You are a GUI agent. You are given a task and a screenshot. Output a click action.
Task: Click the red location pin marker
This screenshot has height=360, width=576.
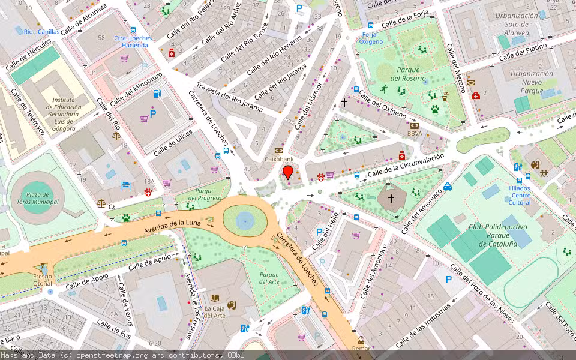tap(288, 173)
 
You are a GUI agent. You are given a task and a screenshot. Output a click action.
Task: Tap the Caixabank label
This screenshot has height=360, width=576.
tap(279, 160)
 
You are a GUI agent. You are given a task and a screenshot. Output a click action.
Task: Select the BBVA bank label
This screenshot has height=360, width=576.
tap(415, 133)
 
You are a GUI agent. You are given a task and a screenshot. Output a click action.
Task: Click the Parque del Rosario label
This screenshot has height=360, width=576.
tap(408, 74)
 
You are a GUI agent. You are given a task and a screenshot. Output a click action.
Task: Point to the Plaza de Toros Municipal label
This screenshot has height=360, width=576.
tap(37, 198)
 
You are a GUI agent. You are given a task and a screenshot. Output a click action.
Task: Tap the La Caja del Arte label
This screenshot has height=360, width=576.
tap(214, 311)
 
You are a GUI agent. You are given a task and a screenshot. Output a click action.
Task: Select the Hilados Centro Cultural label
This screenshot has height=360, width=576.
tap(520, 195)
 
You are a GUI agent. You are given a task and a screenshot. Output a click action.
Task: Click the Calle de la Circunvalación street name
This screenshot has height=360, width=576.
tap(406, 166)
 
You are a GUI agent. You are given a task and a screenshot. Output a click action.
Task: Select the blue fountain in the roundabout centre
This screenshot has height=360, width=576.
tap(245, 221)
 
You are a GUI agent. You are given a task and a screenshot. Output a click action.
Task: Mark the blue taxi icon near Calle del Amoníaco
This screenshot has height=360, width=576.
tap(448, 187)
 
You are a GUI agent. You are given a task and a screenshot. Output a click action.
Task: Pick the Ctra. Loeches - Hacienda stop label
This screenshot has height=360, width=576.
tap(133, 42)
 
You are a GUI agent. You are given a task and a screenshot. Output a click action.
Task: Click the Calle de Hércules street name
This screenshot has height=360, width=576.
tap(31, 58)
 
